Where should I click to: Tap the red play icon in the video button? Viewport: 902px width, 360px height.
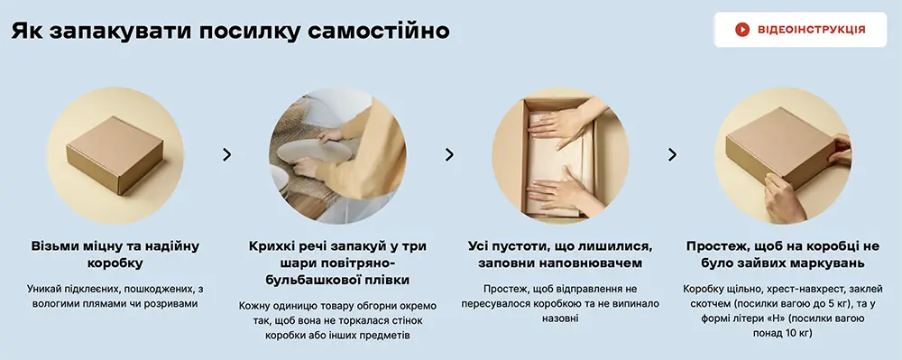click(742, 30)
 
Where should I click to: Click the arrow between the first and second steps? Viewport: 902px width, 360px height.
click(226, 154)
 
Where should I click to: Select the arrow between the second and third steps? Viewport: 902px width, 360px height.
click(449, 154)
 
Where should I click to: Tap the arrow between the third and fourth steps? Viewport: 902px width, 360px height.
click(672, 154)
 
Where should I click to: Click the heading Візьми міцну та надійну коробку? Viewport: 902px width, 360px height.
click(115, 254)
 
